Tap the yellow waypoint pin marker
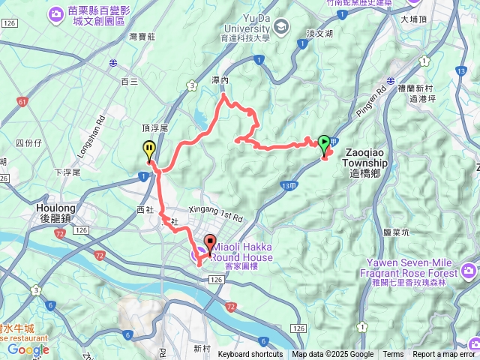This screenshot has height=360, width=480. pyautogui.click(x=149, y=149)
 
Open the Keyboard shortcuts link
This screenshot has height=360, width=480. pyautogui.click(x=250, y=355)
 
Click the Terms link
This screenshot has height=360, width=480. pyautogui.click(x=393, y=355)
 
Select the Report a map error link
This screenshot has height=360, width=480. pyautogui.click(x=444, y=355)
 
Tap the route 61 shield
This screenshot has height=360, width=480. pyautogui.click(x=21, y=100)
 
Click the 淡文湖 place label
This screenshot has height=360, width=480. pyautogui.click(x=319, y=34)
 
